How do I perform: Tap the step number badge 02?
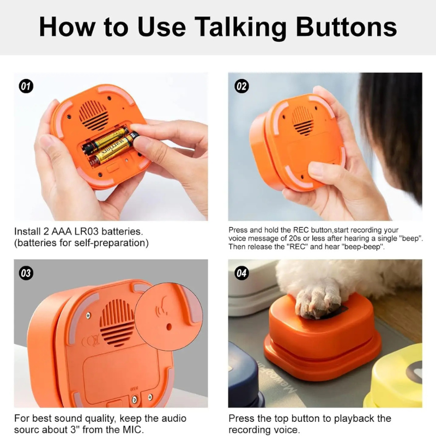coord(241,86)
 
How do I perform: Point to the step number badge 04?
coord(241,273)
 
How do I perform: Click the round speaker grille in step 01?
coord(94,113)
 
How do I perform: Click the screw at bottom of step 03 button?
coord(134,399)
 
